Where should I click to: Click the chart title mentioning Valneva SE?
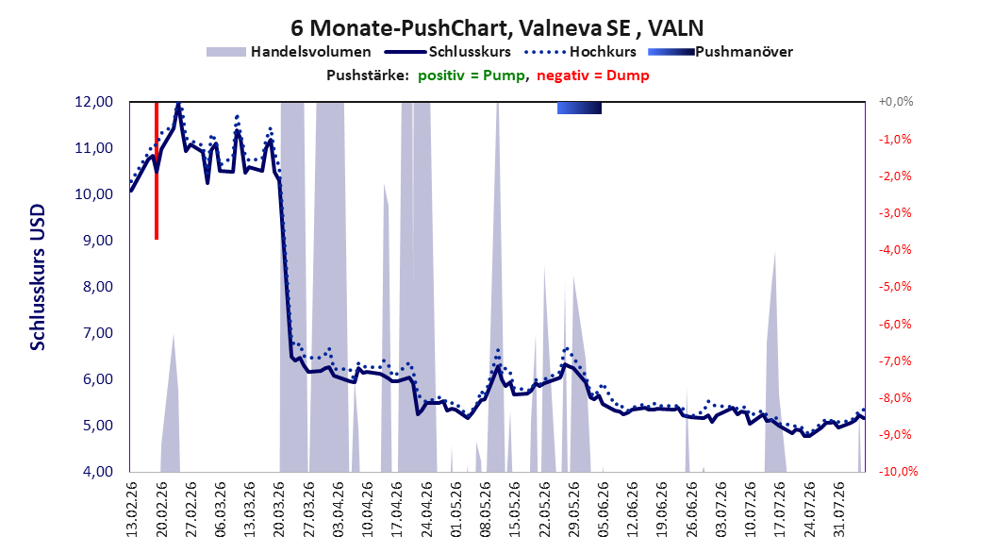[x=497, y=28]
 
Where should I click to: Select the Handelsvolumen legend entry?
[x=289, y=52]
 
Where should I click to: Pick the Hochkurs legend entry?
[x=580, y=52]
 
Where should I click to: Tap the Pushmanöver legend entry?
[x=721, y=52]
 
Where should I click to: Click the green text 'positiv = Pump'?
[x=472, y=75]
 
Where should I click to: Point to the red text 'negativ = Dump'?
[x=593, y=75]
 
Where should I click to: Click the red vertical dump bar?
[x=156, y=170]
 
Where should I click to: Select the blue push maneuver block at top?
[x=579, y=108]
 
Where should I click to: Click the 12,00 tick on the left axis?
[x=93, y=102]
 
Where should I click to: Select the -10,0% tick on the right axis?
[x=898, y=471]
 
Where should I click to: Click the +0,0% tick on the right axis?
[x=896, y=102]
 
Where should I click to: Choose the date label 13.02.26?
[x=132, y=510]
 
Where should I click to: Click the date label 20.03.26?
[x=279, y=510]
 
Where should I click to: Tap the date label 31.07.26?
[x=839, y=510]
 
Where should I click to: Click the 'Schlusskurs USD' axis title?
[x=38, y=277]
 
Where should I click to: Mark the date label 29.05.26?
[x=574, y=510]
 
